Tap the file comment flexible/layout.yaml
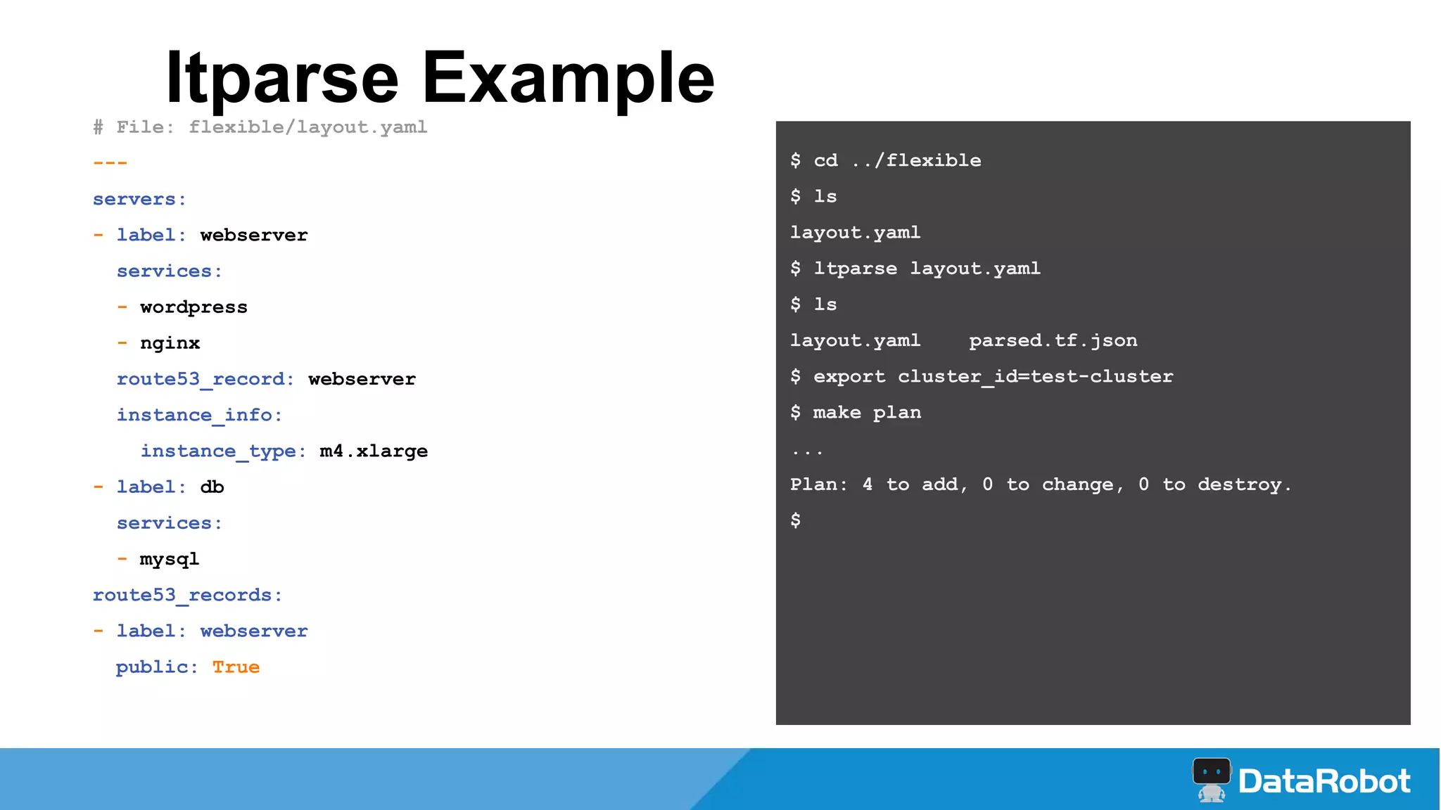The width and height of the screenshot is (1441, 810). coord(307,127)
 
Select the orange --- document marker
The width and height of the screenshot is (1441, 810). coord(110,163)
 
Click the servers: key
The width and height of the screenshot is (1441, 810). coord(139,200)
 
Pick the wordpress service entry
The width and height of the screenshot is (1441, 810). coord(193,307)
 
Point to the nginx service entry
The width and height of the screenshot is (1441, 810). coord(170,343)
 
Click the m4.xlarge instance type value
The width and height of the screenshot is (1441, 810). coord(374,451)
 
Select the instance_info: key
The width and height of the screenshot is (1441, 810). coord(199,415)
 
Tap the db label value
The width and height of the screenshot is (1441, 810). coord(212,487)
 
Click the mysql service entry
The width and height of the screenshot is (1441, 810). coord(170,559)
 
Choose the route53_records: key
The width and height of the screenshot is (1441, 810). coord(187,595)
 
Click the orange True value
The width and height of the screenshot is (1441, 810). coord(236,667)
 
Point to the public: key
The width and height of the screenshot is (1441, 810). coord(156,667)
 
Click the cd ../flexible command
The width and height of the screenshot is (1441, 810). coord(896,160)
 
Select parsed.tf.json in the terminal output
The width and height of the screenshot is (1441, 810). coord(1053,340)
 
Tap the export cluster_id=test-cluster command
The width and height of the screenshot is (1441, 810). coord(993,376)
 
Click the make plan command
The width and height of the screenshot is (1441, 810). coord(867,412)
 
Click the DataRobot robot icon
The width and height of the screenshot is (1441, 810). coord(1211,779)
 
